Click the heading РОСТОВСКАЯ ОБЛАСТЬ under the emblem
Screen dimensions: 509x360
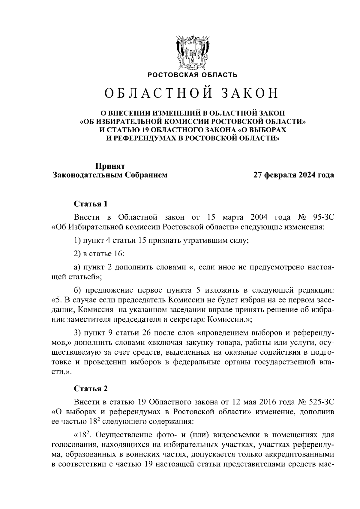click(192, 75)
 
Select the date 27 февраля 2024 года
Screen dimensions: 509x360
click(294, 175)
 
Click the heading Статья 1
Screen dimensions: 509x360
click(91, 204)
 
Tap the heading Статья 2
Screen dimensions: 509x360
click(91, 389)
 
